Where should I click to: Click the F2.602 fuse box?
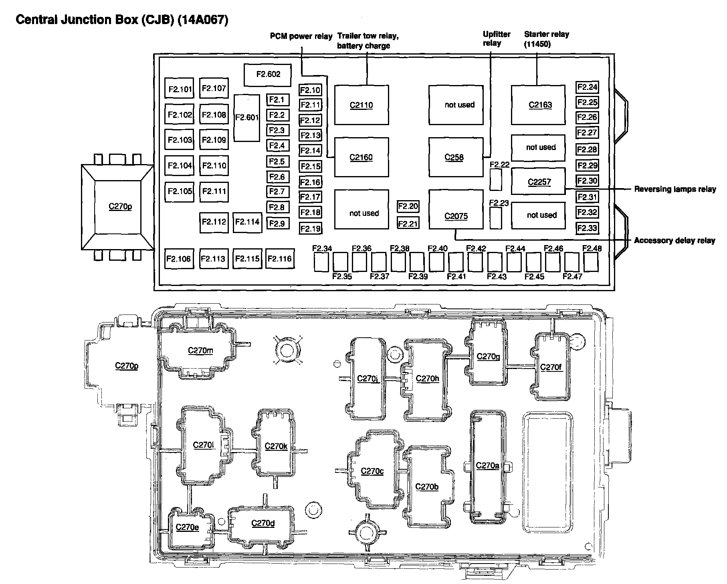point(268,75)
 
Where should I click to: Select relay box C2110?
point(361,105)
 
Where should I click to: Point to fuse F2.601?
point(246,118)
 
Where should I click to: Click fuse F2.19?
point(310,229)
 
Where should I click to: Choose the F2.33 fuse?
point(587,228)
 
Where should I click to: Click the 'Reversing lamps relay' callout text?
point(675,189)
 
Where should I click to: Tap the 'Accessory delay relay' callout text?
point(674,241)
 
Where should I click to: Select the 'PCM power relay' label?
point(301,36)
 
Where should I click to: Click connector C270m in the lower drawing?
point(200,351)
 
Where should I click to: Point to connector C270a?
point(487,466)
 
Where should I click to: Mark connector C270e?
point(187,527)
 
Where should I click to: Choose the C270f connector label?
point(551,367)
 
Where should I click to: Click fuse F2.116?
point(279,259)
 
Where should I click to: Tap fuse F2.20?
point(408,206)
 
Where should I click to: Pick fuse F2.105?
point(180,191)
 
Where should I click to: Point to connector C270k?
point(276,446)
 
